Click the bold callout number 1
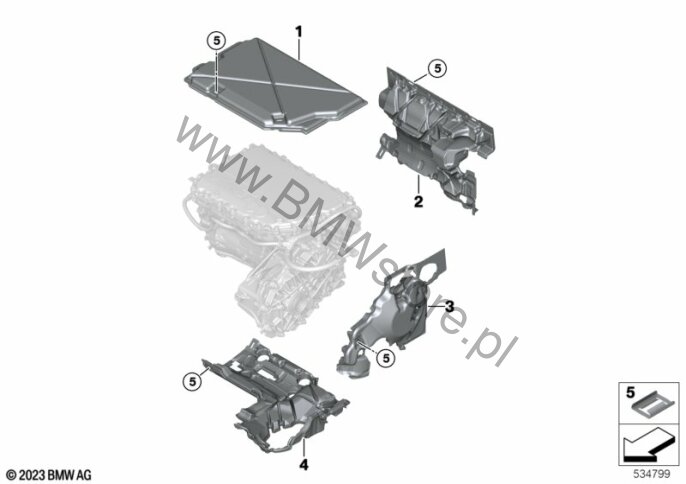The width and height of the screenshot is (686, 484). point(299,32)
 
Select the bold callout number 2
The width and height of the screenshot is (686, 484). point(419,202)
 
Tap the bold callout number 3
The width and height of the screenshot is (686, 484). point(450,306)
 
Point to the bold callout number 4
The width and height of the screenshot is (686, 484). point(304,465)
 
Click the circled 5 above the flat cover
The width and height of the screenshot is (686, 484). point(216,41)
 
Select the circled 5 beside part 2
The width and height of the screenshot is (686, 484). point(438,68)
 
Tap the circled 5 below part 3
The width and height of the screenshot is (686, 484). point(386,358)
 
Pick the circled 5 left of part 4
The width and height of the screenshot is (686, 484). point(192,382)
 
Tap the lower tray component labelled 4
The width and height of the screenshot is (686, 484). point(276,396)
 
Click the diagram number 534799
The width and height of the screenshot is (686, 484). point(652,474)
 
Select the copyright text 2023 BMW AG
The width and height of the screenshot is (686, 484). point(49,474)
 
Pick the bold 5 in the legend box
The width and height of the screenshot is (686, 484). point(630,393)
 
